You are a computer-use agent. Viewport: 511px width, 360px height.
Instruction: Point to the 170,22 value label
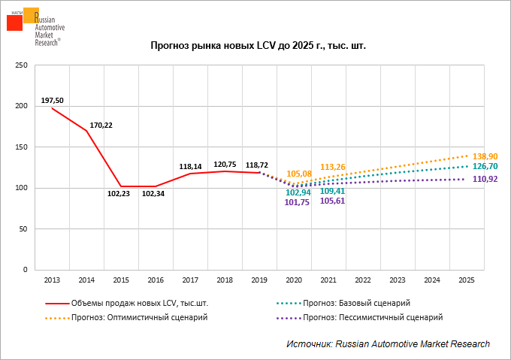point(101,125)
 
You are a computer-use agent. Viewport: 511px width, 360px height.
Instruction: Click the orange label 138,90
point(485,154)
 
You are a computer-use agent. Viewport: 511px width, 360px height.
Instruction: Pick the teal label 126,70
point(485,166)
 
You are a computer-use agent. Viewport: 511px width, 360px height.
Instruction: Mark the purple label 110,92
point(485,179)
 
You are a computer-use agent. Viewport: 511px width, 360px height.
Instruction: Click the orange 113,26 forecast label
point(332,167)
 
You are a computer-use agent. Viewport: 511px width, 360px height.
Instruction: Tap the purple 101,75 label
point(298,202)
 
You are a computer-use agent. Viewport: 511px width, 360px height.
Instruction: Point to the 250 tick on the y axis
point(22,65)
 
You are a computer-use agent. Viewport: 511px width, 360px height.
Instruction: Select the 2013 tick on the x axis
point(52,280)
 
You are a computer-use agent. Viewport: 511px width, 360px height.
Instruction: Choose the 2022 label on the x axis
point(363,280)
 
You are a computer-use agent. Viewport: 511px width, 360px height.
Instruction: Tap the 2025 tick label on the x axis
point(467,280)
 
